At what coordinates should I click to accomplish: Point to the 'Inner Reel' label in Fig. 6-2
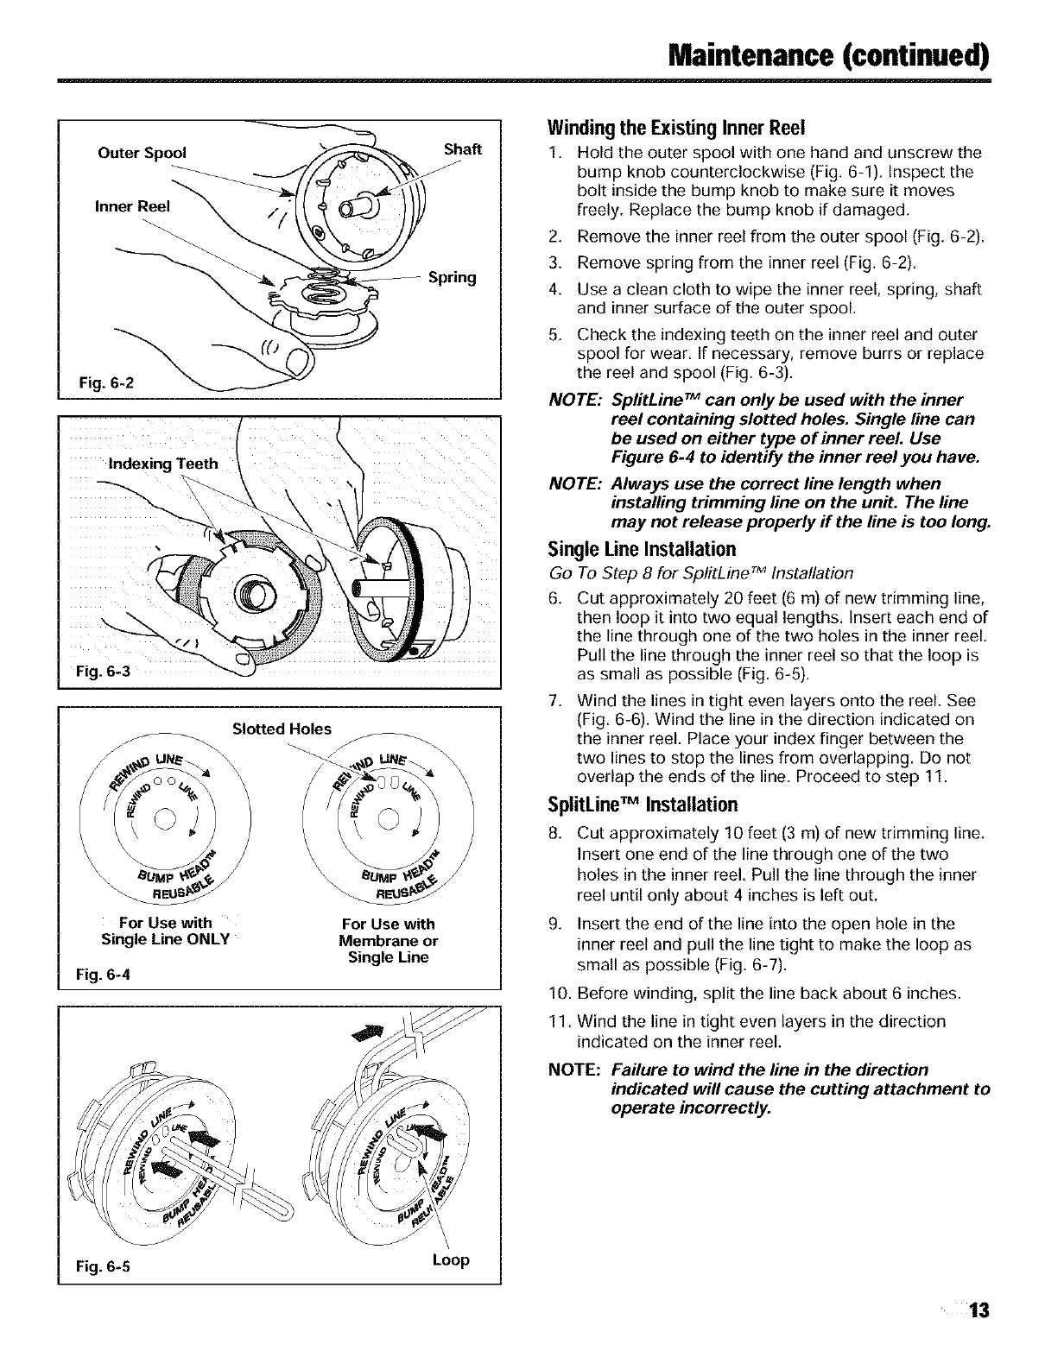(132, 206)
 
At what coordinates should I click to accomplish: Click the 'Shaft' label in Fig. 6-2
(461, 149)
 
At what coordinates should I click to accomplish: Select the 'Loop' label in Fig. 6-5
(450, 1260)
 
